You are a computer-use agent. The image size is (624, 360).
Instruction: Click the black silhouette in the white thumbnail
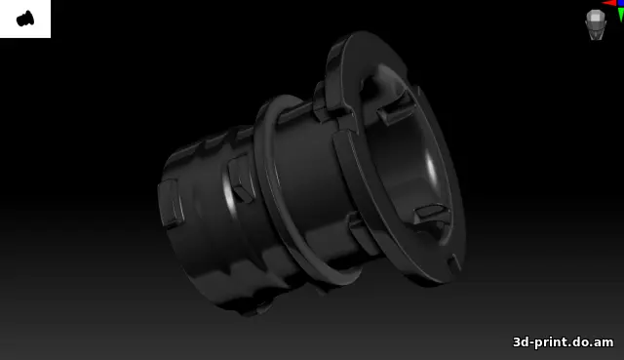pyautogui.click(x=25, y=19)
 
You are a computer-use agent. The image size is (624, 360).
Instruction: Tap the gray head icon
pyautogui.click(x=596, y=24)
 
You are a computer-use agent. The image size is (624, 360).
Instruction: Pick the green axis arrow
pyautogui.click(x=621, y=16)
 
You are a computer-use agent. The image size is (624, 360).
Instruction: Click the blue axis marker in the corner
pyautogui.click(x=621, y=3)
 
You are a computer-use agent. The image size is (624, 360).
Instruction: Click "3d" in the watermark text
pyautogui.click(x=520, y=342)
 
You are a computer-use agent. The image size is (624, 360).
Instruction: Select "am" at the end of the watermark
pyautogui.click(x=604, y=342)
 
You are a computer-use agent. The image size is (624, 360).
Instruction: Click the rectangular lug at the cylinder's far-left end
pyautogui.click(x=172, y=203)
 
